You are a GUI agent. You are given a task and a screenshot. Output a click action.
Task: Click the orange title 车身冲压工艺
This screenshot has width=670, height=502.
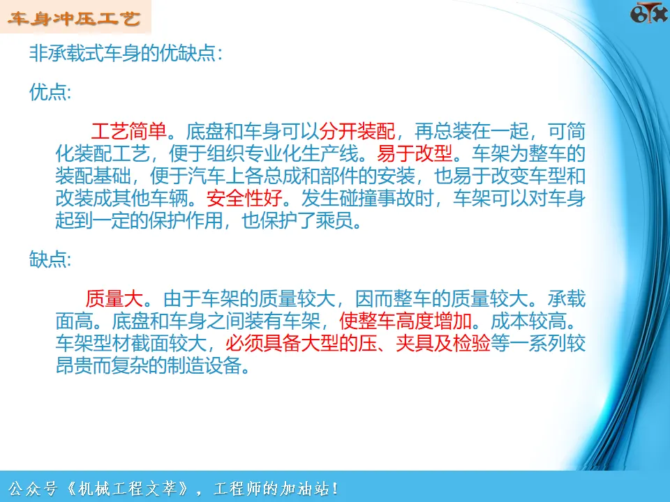pyautogui.click(x=73, y=18)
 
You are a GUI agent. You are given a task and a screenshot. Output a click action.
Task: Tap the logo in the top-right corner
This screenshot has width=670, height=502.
pyautogui.click(x=648, y=12)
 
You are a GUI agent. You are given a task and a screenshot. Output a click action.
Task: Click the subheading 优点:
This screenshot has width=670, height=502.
pyautogui.click(x=50, y=92)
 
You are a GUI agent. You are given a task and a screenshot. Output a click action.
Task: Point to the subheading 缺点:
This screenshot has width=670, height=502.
pyautogui.click(x=50, y=259)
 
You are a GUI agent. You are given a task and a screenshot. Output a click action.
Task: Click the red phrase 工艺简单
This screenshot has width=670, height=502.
pyautogui.click(x=128, y=131)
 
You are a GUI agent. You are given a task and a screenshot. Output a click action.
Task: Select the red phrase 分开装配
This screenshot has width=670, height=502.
pyautogui.click(x=357, y=131)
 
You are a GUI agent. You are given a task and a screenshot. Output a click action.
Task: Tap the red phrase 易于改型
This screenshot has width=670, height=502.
pyautogui.click(x=415, y=153)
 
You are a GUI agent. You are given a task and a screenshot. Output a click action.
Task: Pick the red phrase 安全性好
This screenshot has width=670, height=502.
pyautogui.click(x=244, y=197)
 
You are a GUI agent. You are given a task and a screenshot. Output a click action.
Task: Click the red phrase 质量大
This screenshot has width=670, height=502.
pyautogui.click(x=114, y=298)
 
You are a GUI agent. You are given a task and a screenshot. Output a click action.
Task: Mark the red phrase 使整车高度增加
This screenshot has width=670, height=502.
pyautogui.click(x=405, y=321)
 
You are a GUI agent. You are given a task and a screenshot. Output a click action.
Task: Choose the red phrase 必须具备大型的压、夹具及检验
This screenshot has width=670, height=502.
pyautogui.click(x=357, y=343)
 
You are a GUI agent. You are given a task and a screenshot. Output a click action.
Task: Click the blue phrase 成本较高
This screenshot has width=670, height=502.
pyautogui.click(x=528, y=321)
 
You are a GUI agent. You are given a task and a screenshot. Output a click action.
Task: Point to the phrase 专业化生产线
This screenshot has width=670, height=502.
pyautogui.click(x=301, y=153)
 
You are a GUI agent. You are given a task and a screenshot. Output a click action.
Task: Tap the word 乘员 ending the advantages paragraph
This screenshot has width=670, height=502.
pyautogui.click(x=334, y=220)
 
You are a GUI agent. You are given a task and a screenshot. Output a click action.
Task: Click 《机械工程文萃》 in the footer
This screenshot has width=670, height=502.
pyautogui.click(x=127, y=488)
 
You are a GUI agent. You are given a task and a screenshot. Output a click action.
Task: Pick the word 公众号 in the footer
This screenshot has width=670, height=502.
pyautogui.click(x=33, y=488)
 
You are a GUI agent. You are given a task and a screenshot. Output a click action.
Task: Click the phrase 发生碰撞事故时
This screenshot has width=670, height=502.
pyautogui.click(x=368, y=197)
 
